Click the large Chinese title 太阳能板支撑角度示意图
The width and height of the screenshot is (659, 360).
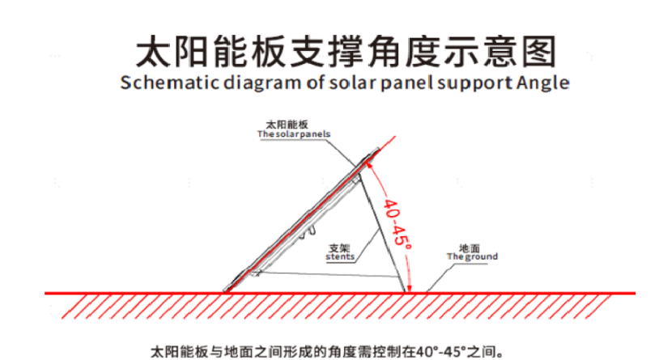[347, 51]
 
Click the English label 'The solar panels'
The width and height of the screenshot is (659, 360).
[294, 134]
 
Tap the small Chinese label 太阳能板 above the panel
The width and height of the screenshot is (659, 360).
[287, 125]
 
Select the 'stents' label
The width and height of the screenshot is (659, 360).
[340, 256]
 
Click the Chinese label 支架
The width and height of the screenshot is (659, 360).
[339, 248]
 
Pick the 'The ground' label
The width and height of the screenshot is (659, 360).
[472, 256]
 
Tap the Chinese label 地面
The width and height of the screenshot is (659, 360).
[470, 248]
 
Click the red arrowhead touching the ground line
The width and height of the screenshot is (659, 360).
[410, 288]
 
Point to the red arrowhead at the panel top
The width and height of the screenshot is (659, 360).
[369, 166]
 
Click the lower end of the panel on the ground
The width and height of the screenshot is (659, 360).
[227, 290]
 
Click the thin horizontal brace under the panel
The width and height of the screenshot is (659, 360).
[327, 274]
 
